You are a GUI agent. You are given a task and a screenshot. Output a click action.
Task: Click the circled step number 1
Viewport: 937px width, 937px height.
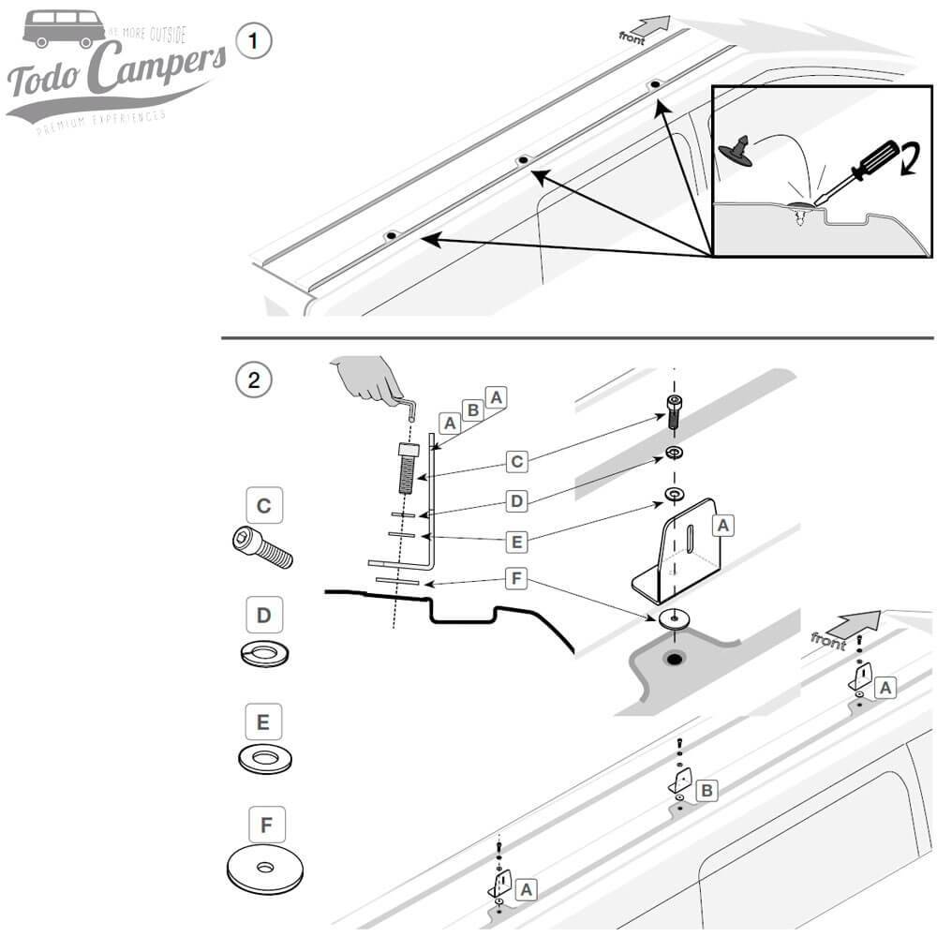tap(255, 42)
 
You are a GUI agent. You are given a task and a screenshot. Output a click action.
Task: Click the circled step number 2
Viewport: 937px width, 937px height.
tap(252, 379)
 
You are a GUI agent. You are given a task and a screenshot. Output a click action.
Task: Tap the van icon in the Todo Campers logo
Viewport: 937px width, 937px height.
tap(64, 28)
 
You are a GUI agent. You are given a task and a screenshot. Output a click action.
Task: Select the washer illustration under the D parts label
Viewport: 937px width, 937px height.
tap(264, 653)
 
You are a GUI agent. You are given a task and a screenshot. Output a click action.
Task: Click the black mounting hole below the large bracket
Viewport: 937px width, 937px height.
tap(673, 660)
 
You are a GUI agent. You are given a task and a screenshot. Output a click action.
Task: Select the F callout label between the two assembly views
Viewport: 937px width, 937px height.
tap(514, 579)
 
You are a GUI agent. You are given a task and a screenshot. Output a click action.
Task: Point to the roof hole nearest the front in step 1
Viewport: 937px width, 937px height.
tap(655, 85)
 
